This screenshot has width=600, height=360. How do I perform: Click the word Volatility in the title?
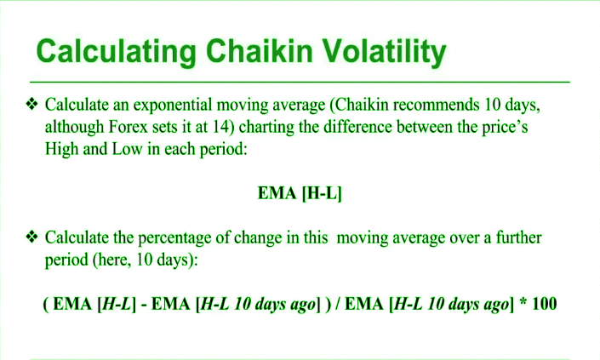(384, 52)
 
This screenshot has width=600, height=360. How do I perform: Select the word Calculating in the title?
(117, 52)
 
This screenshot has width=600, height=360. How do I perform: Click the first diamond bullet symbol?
(31, 104)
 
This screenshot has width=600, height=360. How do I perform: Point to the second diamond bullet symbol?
(31, 237)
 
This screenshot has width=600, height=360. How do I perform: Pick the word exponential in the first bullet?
(172, 106)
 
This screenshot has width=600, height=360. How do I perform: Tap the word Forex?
(129, 127)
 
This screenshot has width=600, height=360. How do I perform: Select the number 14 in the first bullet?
(223, 127)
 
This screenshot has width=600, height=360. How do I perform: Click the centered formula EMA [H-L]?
(300, 193)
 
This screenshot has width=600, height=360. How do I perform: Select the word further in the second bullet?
(518, 237)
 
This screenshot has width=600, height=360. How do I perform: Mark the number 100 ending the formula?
(544, 304)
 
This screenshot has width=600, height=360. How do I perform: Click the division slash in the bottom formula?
(338, 304)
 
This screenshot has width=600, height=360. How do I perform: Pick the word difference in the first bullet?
(357, 127)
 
